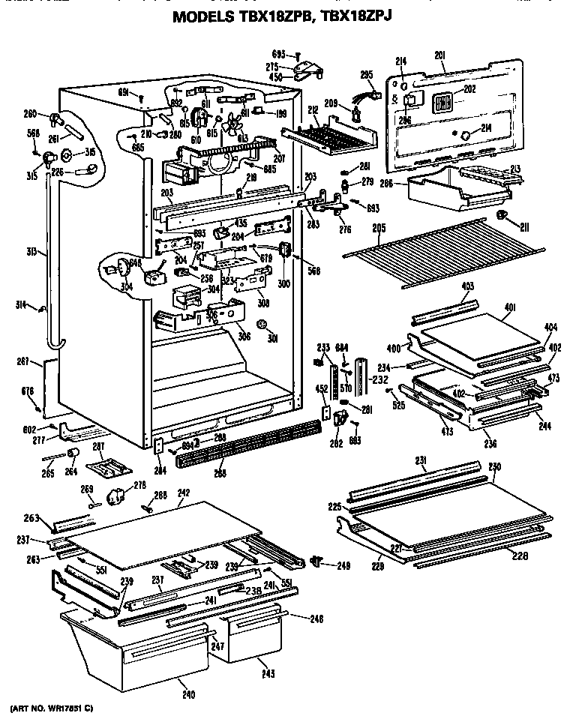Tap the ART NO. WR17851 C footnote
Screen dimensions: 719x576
tap(52, 708)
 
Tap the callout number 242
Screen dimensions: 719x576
tap(183, 493)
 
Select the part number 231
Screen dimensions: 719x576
tap(421, 460)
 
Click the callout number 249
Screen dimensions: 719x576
tap(344, 565)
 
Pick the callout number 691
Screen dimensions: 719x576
tap(124, 93)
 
